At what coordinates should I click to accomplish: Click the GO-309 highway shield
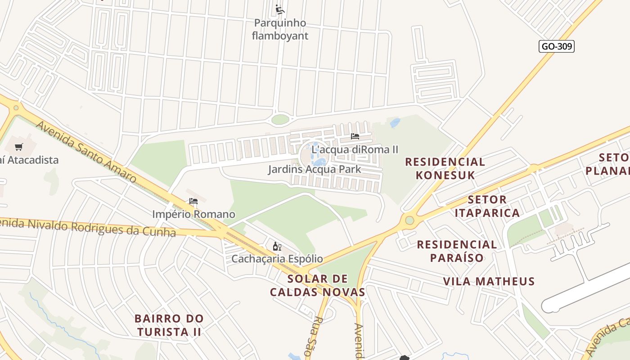pos(557,46)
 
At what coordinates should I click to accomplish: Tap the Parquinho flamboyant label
pos(280,29)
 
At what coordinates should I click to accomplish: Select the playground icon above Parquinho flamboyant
pos(280,9)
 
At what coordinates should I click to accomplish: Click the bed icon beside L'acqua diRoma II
pos(355,136)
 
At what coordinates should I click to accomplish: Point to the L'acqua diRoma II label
pos(355,149)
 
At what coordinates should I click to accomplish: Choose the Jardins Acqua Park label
pos(315,169)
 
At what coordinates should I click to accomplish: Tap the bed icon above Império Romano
pos(193,201)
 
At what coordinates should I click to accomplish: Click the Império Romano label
pos(193,214)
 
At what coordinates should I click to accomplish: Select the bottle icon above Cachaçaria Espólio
pos(277,246)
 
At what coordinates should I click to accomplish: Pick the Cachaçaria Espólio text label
pos(277,259)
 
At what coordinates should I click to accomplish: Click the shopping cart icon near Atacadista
pos(19,147)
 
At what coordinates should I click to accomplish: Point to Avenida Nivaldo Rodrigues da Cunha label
pos(88,227)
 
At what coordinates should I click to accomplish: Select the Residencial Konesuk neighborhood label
pos(445,168)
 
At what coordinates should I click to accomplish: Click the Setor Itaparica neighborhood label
pos(487,206)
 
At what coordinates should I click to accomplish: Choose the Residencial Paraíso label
pos(457,251)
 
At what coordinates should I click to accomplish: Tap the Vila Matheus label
pos(489,282)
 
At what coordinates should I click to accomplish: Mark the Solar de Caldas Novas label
pos(318,285)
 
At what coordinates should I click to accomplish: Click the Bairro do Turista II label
pos(169,325)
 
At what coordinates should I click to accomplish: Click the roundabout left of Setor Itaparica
pos(409,220)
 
